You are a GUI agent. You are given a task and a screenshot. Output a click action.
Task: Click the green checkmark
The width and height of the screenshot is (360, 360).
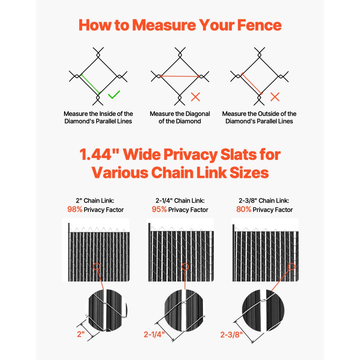(x=114, y=95)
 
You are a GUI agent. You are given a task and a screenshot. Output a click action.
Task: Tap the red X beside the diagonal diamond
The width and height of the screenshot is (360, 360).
(x=195, y=96)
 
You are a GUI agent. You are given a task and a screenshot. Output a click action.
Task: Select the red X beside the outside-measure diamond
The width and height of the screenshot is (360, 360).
(x=275, y=96)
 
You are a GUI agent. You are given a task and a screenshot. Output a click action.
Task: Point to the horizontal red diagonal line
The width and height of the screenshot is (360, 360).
(x=180, y=76)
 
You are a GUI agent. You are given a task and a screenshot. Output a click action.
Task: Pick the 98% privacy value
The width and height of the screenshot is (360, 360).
(x=75, y=210)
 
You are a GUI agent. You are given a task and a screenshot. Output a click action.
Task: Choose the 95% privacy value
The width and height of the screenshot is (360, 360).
(x=159, y=210)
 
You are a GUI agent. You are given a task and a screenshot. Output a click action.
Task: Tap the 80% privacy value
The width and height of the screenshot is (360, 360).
(x=244, y=210)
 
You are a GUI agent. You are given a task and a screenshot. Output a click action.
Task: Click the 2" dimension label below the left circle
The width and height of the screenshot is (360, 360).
(x=81, y=334)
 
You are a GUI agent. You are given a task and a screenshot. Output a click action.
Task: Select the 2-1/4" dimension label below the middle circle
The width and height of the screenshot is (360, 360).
(x=154, y=334)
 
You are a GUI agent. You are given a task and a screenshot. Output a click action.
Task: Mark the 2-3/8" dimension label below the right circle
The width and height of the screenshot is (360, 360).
(x=231, y=334)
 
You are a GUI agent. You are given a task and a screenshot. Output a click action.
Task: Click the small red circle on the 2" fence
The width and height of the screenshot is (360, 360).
(x=96, y=267)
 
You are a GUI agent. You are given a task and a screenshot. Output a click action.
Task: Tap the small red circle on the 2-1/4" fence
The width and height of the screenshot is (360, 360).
(x=185, y=267)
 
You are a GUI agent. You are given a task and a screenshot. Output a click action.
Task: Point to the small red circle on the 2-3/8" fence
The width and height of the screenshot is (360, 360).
(x=292, y=267)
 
